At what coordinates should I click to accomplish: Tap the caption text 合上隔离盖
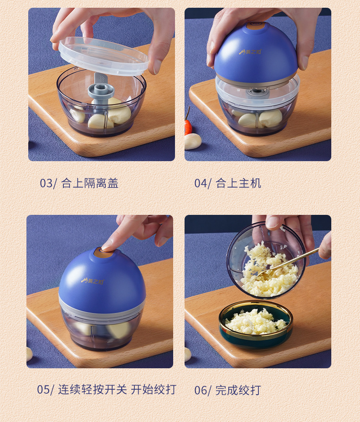coord(90,183)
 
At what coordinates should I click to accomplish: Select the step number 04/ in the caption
coord(203,183)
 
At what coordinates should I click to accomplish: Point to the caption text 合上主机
coord(238,183)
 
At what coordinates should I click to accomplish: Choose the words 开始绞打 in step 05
coord(153,390)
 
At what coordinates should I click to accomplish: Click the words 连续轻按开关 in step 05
coord(93,390)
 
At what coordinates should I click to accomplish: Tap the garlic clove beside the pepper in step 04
coord(193,141)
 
